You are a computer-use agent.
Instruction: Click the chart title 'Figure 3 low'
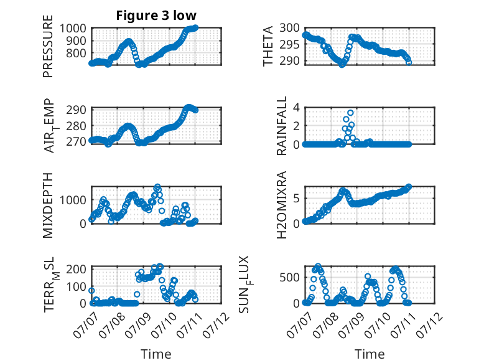point(156,16)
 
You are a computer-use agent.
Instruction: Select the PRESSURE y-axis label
point(48,46)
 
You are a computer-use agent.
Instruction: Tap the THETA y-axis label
point(268,46)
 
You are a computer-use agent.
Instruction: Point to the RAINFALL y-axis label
point(282,126)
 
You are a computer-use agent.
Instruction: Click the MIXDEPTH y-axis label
point(48,205)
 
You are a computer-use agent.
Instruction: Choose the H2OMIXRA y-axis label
point(282,205)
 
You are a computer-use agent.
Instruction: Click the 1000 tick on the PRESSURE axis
point(73,29)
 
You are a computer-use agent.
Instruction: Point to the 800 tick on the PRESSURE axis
point(76,54)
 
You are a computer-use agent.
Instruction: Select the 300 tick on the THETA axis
point(289,28)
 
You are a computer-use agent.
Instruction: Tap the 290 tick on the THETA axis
point(289,61)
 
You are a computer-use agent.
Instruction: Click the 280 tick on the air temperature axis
point(76,126)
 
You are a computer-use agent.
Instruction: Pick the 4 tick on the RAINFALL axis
point(296,108)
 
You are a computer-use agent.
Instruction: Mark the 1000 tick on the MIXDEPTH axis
point(73,200)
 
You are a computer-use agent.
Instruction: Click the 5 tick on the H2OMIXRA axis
point(296,198)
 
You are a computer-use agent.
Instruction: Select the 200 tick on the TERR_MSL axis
point(76,269)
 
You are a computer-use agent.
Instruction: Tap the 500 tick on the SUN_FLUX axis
point(289,277)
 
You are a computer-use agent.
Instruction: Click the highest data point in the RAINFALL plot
point(350,113)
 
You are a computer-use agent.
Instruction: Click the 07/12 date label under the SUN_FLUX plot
point(429,325)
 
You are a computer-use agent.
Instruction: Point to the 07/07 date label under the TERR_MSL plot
point(86,325)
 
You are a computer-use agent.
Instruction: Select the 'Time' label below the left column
point(156,354)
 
